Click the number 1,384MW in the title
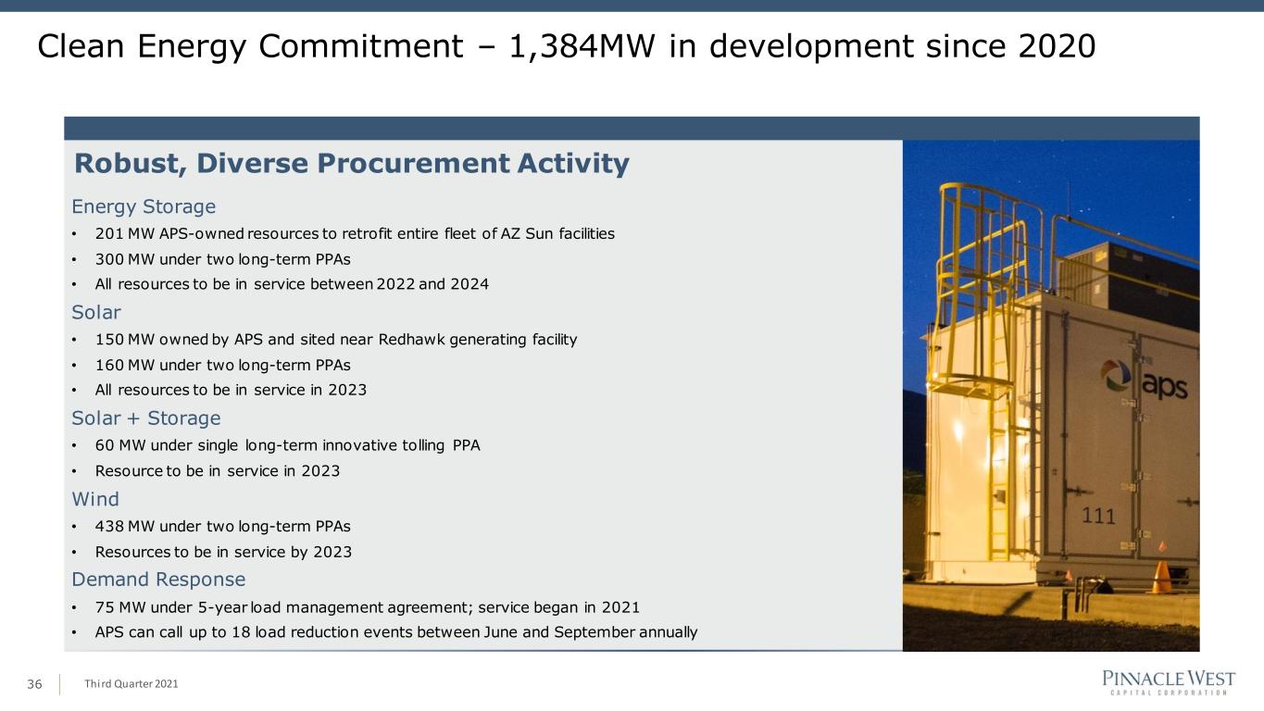tap(582, 46)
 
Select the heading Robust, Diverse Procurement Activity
tap(352, 164)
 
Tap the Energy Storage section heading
tap(144, 207)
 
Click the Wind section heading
tap(95, 499)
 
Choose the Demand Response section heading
tap(158, 580)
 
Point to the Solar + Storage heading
tap(146, 418)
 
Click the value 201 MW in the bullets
tap(125, 233)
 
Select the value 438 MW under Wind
tap(125, 527)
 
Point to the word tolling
tap(423, 446)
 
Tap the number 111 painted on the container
tap(1098, 516)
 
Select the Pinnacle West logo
tap(1169, 682)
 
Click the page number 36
tap(34, 684)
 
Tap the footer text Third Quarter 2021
tap(131, 684)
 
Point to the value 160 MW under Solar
tap(125, 365)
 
